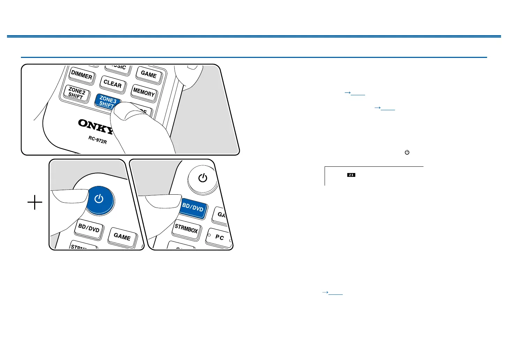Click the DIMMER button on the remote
(x=82, y=75)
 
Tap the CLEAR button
(x=112, y=84)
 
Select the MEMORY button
(x=144, y=92)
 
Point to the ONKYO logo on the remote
(x=96, y=126)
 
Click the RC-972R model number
(x=97, y=141)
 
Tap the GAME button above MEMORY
(x=149, y=74)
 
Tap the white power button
(x=203, y=178)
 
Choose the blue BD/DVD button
(x=193, y=208)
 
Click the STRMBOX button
(x=186, y=229)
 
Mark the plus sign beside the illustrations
(x=35, y=202)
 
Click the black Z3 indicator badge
(x=351, y=175)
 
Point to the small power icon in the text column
(x=407, y=152)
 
